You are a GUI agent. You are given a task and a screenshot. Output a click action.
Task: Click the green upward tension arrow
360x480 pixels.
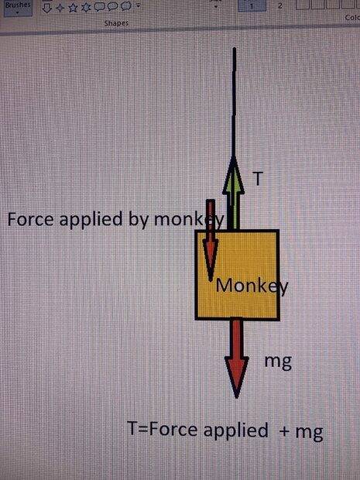[233, 194]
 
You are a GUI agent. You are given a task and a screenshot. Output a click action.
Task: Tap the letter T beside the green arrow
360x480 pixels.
[258, 178]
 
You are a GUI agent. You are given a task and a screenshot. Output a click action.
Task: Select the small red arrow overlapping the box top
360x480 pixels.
[211, 240]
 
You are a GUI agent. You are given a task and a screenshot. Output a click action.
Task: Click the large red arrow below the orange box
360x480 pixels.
[236, 358]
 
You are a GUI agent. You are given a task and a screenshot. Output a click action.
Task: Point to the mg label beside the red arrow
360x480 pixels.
[278, 362]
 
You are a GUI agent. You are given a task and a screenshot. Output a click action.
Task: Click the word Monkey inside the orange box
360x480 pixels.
[252, 286]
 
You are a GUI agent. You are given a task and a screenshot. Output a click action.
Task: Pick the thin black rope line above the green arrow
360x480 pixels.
[234, 102]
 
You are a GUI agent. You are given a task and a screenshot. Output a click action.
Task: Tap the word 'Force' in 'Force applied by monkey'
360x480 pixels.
[30, 219]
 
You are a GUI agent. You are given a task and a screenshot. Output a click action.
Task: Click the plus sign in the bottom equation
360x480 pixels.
[284, 431]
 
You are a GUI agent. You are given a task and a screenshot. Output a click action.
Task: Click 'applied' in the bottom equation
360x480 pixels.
[235, 431]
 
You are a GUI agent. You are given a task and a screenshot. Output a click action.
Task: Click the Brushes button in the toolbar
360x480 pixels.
[19, 7]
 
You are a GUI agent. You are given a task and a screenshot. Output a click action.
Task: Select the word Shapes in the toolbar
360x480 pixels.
[116, 23]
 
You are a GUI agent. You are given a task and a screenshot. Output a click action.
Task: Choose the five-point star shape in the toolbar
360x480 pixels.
[73, 8]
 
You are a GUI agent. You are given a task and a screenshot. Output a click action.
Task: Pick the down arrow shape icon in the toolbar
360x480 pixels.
[46, 9]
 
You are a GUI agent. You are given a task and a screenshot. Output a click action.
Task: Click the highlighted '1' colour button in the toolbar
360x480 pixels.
[252, 6]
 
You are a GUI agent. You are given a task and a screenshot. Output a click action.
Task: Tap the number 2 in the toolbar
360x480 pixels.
[279, 6]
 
